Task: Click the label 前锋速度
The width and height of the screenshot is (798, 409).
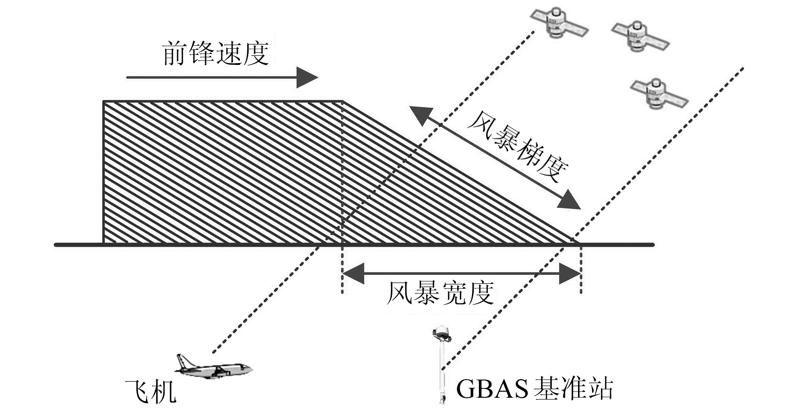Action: tap(215, 54)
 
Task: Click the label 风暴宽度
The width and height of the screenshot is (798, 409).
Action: tap(440, 293)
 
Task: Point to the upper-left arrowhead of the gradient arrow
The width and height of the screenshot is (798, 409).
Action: tap(419, 115)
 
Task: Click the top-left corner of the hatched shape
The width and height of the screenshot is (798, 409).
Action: tap(104, 102)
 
